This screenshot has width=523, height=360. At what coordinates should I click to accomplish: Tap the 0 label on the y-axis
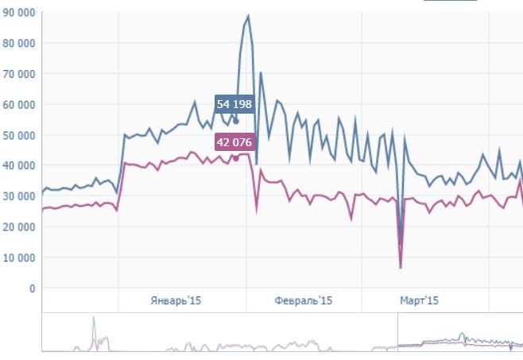click(33, 288)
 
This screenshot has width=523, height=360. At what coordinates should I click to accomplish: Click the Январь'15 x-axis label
click(175, 300)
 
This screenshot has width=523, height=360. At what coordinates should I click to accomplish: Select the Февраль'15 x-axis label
click(303, 300)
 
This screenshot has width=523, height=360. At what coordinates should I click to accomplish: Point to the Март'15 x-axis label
click(419, 300)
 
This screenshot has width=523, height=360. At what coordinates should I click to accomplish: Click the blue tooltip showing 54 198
click(234, 104)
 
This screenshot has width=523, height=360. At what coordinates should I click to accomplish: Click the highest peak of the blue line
click(248, 16)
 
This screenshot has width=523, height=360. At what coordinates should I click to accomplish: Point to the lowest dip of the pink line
click(401, 267)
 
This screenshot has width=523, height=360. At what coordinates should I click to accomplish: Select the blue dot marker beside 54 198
click(236, 121)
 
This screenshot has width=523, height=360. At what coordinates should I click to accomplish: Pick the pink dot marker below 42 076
click(236, 157)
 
